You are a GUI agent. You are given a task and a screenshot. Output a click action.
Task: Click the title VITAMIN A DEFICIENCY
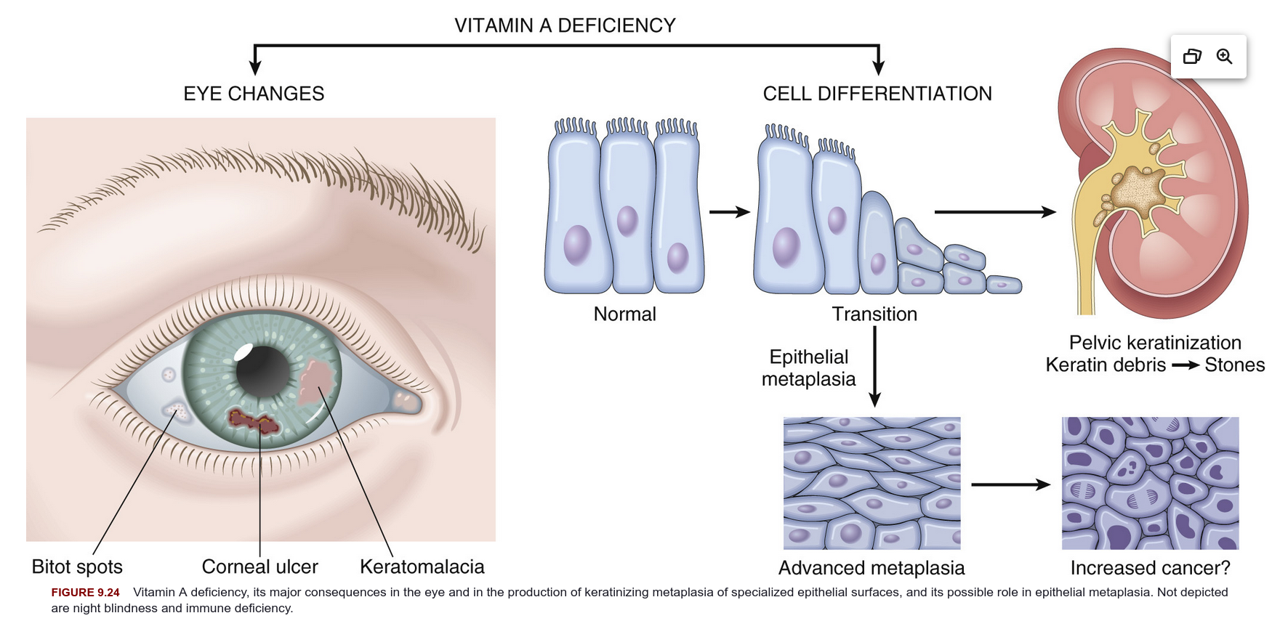(x=565, y=25)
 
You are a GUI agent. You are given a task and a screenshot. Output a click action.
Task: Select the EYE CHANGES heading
(x=254, y=94)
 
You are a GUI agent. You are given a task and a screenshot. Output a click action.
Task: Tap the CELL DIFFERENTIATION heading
(x=877, y=94)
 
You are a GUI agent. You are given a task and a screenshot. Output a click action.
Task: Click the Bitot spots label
(x=77, y=567)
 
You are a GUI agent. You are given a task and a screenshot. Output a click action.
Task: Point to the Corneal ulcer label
(x=259, y=567)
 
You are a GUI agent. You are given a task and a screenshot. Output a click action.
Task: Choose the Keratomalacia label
(x=422, y=567)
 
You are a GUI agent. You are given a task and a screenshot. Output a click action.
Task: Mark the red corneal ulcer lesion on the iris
(x=254, y=421)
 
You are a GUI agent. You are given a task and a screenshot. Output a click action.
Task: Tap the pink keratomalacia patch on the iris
(x=317, y=382)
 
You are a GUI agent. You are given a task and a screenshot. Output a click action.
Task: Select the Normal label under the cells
(x=624, y=314)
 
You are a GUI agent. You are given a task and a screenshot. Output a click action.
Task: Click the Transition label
(x=874, y=314)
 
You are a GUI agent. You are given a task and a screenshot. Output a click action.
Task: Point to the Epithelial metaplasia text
(x=809, y=368)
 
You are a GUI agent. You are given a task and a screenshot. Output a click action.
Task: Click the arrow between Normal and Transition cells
(x=730, y=212)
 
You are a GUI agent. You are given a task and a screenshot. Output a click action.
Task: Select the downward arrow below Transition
(x=875, y=366)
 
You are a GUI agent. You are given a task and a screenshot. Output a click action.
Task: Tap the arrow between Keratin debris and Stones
(x=1186, y=365)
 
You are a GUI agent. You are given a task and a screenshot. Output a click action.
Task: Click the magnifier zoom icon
(x=1225, y=57)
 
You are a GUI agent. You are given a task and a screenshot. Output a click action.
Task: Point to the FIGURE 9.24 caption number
(x=85, y=593)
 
